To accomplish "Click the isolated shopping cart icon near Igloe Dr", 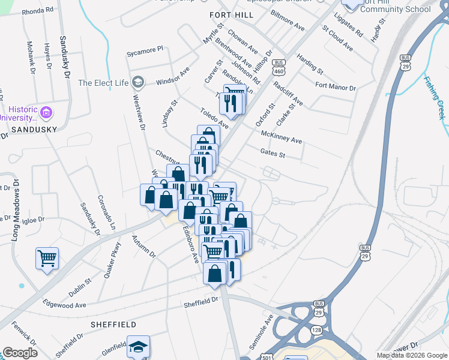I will (47, 259).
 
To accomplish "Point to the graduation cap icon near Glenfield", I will (139, 347).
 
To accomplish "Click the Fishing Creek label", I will (435, 97).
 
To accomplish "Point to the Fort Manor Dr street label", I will (336, 88).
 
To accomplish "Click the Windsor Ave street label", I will (173, 77).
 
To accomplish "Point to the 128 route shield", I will (316, 331).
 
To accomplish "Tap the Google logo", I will (20, 353).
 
